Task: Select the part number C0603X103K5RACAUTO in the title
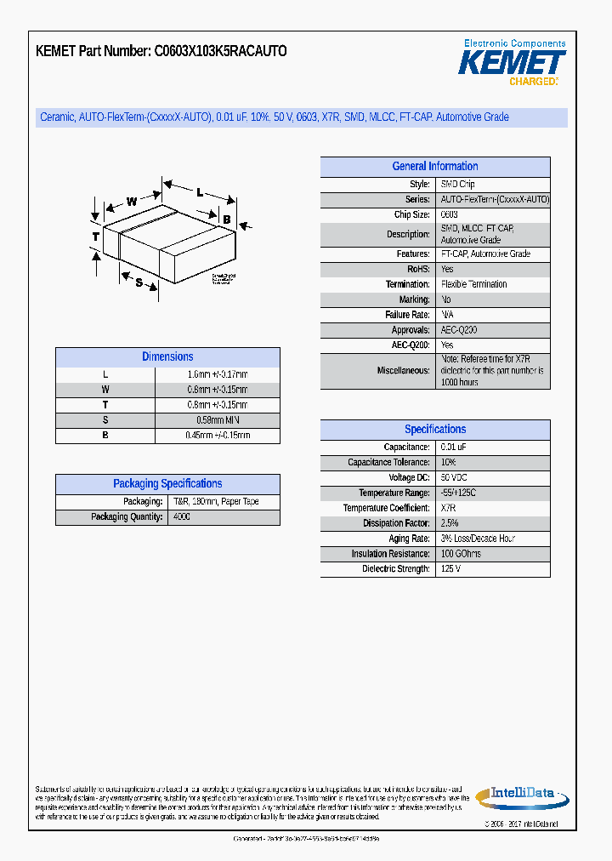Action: (x=220, y=51)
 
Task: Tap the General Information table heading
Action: (x=434, y=167)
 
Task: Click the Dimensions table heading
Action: (x=167, y=357)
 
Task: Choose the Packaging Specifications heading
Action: (x=167, y=484)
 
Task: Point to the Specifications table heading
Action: (x=434, y=430)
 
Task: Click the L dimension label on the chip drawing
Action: (x=200, y=192)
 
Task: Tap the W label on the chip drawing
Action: (x=132, y=202)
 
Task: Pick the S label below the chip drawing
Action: (x=139, y=283)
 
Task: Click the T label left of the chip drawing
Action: (x=96, y=236)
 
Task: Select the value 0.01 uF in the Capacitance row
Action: (x=453, y=448)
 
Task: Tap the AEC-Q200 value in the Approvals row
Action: (x=459, y=330)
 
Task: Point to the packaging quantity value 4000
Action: (x=182, y=517)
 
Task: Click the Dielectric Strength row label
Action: (x=395, y=569)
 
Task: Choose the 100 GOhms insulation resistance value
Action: (x=461, y=554)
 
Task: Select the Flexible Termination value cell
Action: (x=473, y=284)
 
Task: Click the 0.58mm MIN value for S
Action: (x=217, y=420)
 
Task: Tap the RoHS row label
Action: (x=418, y=269)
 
